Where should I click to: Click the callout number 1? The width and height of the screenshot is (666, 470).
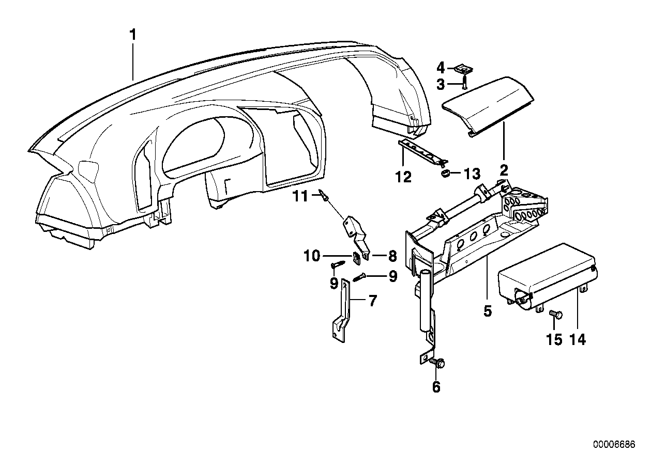[x=133, y=36]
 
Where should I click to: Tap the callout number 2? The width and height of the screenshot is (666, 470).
[x=504, y=170]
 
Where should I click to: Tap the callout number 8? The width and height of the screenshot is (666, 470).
[x=391, y=255]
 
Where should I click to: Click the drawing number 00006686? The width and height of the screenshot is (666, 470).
[x=613, y=445]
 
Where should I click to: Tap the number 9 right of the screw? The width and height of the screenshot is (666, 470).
[x=393, y=277]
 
